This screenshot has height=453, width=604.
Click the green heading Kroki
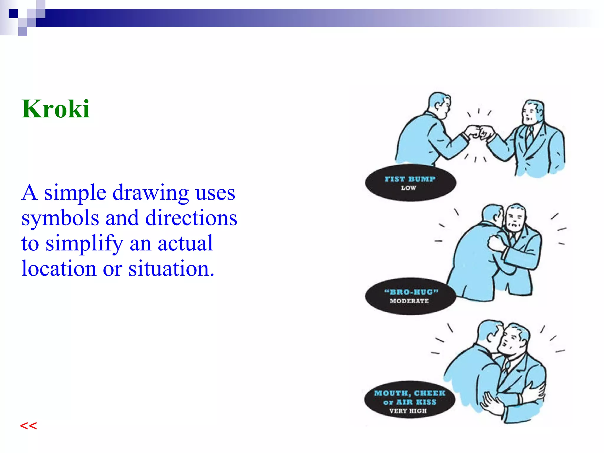[x=55, y=109]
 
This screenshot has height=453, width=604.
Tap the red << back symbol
[x=28, y=426]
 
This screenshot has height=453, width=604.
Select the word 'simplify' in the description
[x=84, y=244]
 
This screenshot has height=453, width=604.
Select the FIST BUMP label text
[x=410, y=179]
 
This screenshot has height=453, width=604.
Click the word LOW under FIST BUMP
[x=408, y=188]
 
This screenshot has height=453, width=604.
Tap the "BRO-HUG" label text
[x=411, y=292]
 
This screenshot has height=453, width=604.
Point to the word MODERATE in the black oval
[x=409, y=301]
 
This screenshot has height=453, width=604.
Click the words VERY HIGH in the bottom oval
[x=408, y=411]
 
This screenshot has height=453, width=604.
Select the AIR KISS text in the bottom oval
[x=416, y=402]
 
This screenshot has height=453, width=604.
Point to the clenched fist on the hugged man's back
[x=496, y=243]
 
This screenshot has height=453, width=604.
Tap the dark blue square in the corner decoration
[x=13, y=14]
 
